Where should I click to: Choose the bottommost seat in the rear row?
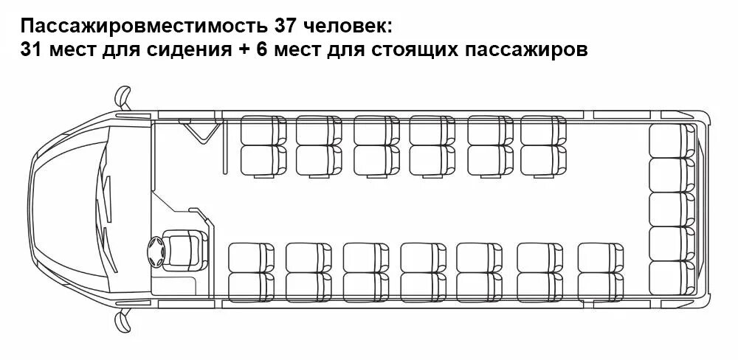click(671, 277)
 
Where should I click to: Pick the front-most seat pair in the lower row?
click(251, 272)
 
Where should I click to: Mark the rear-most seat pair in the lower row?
click(601, 272)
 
